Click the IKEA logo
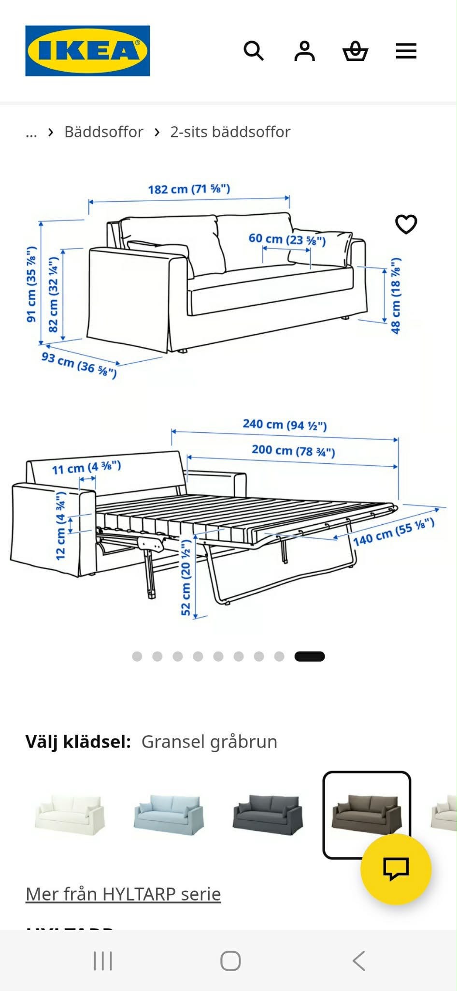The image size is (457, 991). (x=87, y=51)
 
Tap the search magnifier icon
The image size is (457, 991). (x=254, y=51)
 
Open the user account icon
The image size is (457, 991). (x=304, y=51)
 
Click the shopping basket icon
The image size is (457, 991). (x=356, y=51)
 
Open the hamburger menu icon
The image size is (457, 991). (x=406, y=51)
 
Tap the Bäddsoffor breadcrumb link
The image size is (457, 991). (x=104, y=132)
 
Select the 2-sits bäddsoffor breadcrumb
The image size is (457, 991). (x=230, y=132)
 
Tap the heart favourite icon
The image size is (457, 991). (x=406, y=224)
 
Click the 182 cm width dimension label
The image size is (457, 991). (x=189, y=189)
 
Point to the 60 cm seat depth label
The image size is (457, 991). (x=287, y=239)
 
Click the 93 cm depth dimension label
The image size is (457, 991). (x=79, y=364)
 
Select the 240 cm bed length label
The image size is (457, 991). (x=285, y=425)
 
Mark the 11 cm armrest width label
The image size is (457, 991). (x=86, y=468)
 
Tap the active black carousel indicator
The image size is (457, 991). (x=310, y=656)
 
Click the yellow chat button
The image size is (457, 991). (x=396, y=869)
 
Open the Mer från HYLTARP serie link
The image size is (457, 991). (x=123, y=894)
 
